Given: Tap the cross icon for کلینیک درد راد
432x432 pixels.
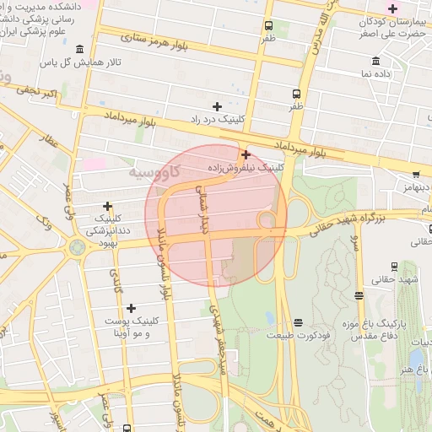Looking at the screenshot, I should (217, 106).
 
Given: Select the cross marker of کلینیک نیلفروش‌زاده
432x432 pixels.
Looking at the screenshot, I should (246, 154).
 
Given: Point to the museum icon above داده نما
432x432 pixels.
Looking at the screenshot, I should (375, 61).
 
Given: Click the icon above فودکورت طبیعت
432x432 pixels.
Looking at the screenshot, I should (298, 322).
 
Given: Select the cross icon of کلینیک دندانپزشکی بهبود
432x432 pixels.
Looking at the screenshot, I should (107, 206).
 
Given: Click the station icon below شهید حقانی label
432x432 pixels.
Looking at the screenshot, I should (359, 295).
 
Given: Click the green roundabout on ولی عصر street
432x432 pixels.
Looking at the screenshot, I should (78, 248).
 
